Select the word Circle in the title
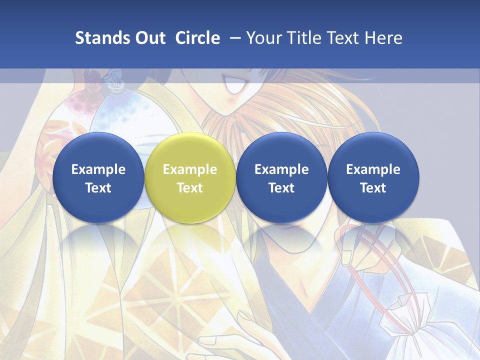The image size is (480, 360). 197,38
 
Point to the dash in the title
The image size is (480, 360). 233,38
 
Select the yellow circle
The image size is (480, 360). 190,177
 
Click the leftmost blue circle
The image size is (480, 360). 98,177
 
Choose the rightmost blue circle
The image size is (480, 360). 373,177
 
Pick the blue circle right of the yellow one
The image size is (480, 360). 281,177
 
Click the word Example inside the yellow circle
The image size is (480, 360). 190,169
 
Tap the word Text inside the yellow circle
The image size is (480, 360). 190,188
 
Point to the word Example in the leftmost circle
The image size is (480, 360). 98,169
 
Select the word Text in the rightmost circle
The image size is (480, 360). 373,188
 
